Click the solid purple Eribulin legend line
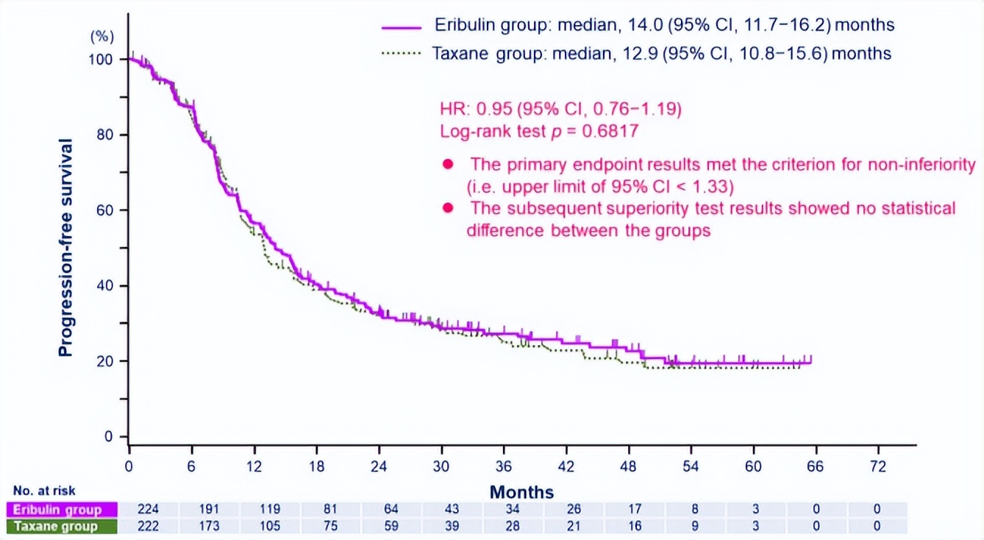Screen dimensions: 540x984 pos(402,26)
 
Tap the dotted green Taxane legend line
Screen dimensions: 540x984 pos(402,54)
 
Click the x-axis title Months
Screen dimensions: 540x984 pos(521,491)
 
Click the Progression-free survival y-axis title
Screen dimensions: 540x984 pos(66,247)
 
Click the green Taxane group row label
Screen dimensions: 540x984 pos(56,526)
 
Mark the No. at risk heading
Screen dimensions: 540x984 pos(44,491)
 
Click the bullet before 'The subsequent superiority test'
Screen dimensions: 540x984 pos(447,208)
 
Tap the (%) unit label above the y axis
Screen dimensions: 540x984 pos(102,37)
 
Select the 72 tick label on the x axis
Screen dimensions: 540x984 pos(879,466)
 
